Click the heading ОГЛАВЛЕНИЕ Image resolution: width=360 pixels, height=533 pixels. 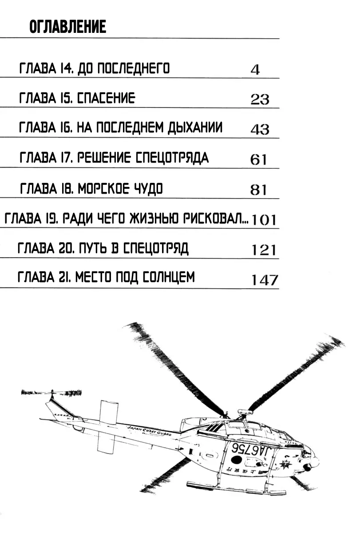pos(68,28)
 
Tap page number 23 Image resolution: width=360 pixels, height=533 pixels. pos(260,99)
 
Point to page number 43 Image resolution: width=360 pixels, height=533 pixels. pos(260,129)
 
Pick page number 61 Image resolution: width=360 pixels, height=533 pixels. pos(258,159)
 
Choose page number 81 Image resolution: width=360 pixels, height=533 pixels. pos(258,190)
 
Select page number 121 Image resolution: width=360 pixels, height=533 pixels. pos(264,250)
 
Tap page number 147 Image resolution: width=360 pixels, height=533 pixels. pos(265,280)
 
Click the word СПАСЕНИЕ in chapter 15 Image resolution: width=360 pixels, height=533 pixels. pos(106,98)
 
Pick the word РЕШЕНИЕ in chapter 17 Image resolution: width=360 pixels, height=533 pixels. pos(103,158)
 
